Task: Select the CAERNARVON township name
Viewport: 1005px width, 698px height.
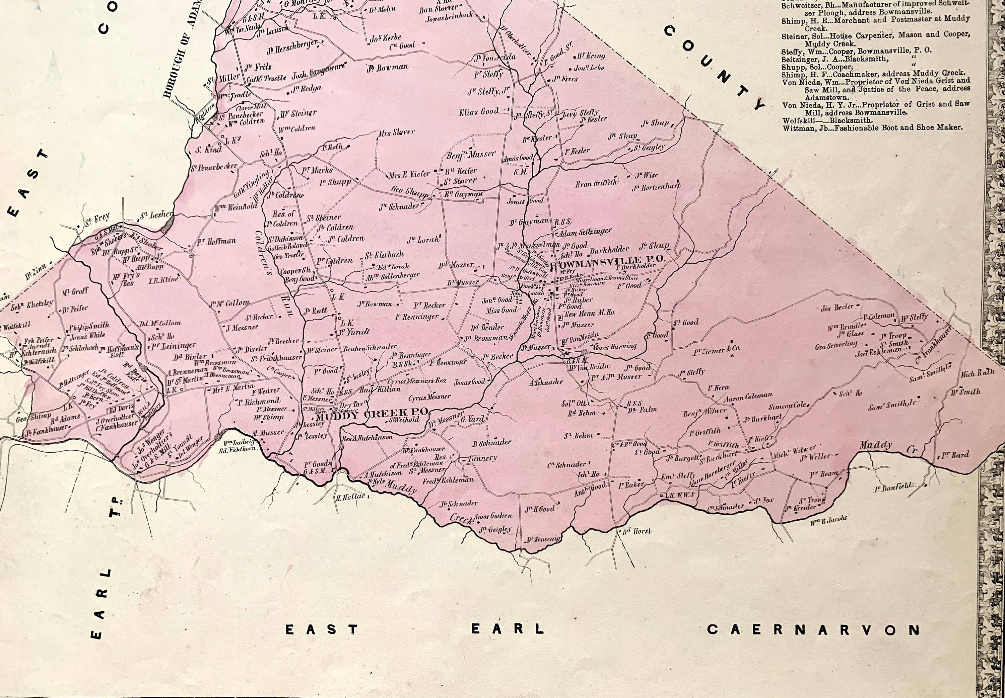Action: pyautogui.click(x=813, y=630)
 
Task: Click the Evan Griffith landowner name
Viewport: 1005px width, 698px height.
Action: pyautogui.click(x=596, y=184)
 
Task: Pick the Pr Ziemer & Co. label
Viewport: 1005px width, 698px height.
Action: pyautogui.click(x=717, y=349)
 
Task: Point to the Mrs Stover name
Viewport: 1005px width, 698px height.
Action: pyautogui.click(x=397, y=132)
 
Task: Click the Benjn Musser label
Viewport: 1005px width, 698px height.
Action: pyautogui.click(x=471, y=154)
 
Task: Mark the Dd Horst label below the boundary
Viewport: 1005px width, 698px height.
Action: pyautogui.click(x=637, y=531)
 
